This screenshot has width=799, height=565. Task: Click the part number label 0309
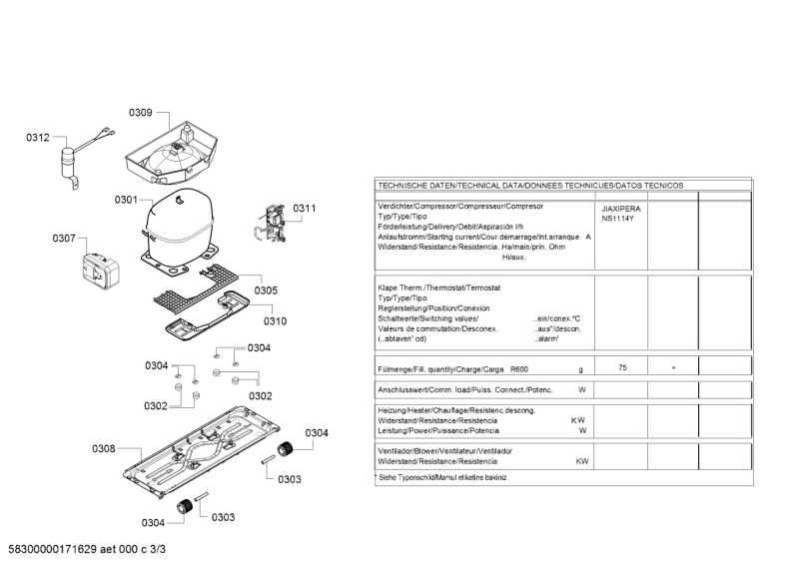pos(140,113)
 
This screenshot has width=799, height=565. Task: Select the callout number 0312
pos(38,138)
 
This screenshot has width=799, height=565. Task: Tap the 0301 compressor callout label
pos(126,200)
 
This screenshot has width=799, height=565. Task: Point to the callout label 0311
pos(305,209)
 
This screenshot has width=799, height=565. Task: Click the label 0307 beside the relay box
pos(64,239)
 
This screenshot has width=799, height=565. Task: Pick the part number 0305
pos(266,290)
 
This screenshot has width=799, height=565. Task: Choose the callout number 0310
pos(276,321)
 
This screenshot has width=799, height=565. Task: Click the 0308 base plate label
pos(104,449)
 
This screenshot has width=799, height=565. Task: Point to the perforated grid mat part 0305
pos(196,287)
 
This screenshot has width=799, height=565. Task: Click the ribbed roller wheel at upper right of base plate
pos(285,449)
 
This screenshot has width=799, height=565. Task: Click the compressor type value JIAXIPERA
pos(621,209)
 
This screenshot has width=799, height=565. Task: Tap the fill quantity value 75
pos(622,367)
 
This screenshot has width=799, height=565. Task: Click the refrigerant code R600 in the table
pos(519,370)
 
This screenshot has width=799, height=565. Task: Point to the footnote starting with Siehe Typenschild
pos(441,478)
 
